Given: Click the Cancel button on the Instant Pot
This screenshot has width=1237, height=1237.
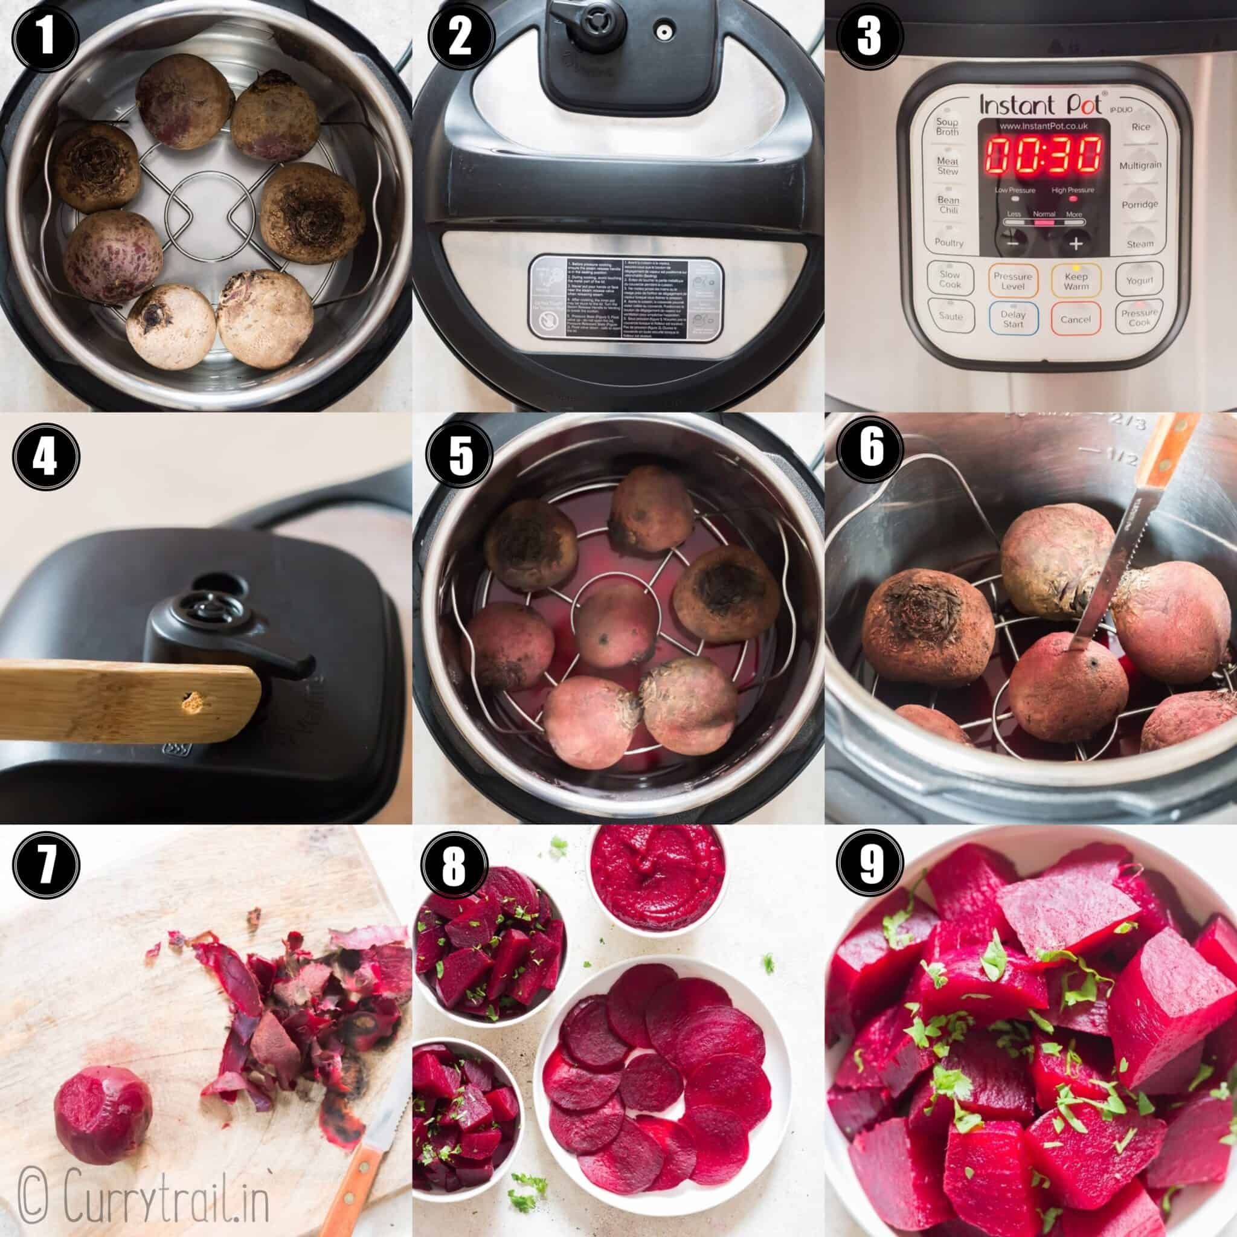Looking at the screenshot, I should point(1075,319).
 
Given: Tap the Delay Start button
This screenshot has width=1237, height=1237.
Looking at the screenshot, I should point(1012,319).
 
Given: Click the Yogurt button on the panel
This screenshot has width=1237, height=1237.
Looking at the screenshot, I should point(1139,280).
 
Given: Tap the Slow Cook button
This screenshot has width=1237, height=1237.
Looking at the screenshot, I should point(949,280).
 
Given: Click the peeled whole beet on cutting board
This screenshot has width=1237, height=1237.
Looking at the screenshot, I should point(103,1110).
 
